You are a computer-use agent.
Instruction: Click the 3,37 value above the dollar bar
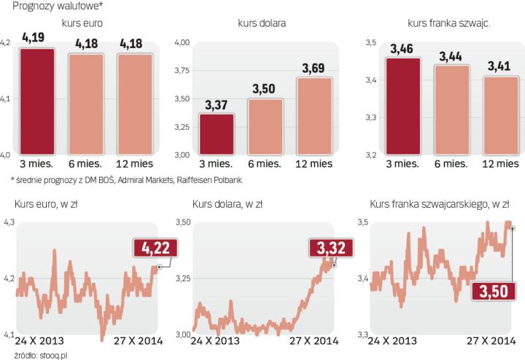217,105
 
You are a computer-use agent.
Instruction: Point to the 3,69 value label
314,69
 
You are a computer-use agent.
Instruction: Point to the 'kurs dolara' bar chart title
262,23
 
